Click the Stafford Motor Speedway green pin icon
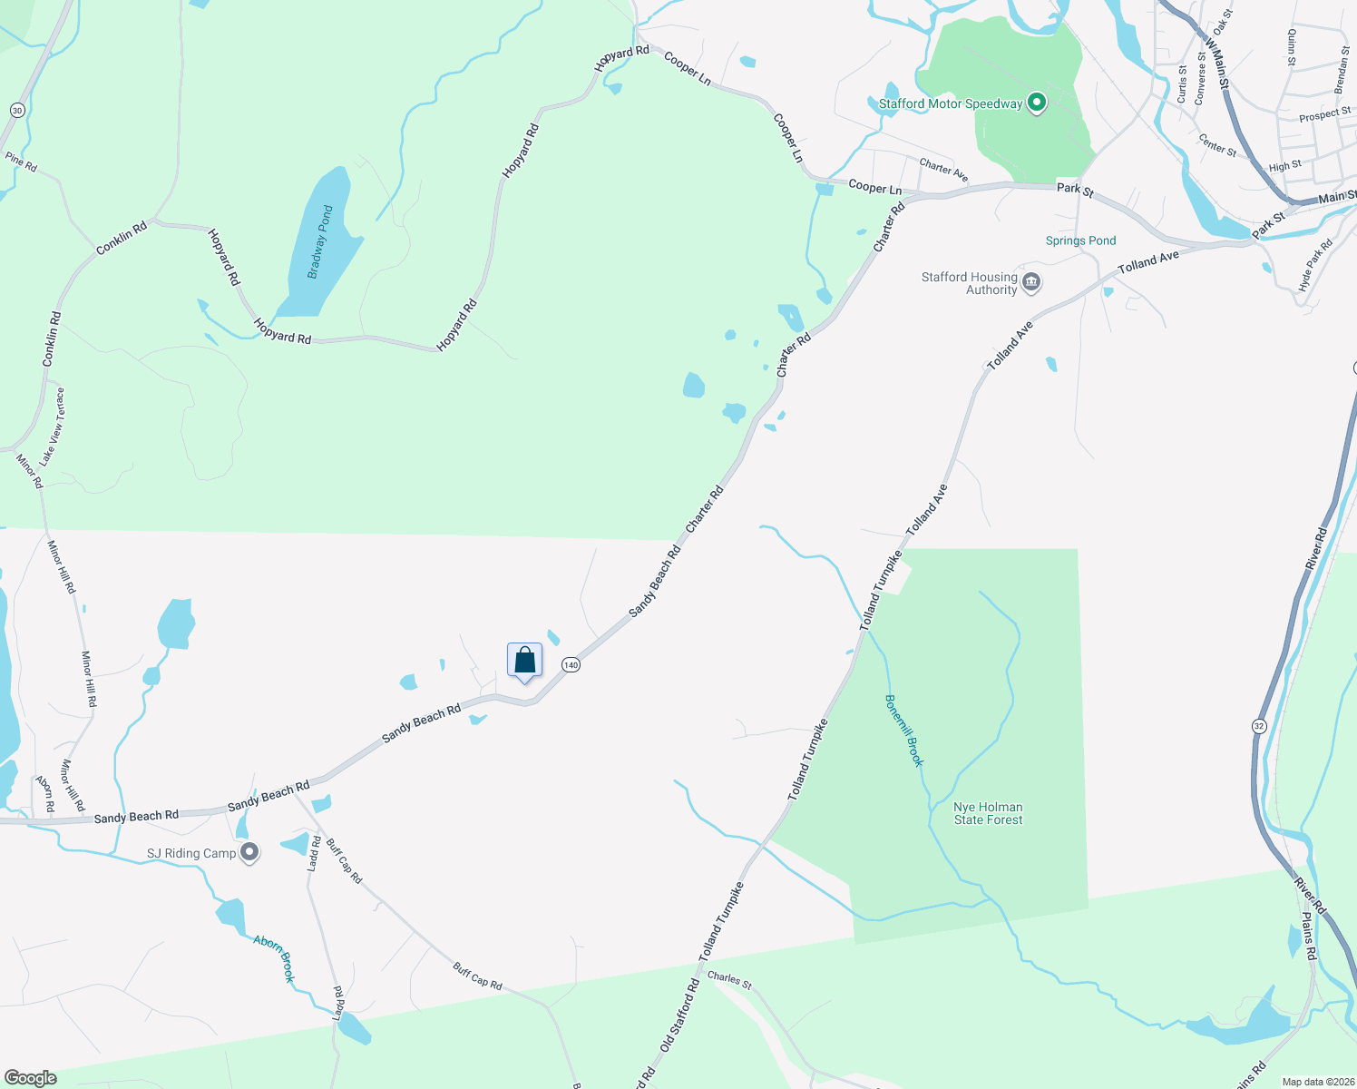1037,103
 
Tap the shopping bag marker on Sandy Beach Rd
524,661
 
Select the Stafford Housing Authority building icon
1030,282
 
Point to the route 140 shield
571,665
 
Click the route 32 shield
1259,726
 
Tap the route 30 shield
17,110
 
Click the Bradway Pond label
320,241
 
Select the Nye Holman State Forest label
988,813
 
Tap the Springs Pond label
1080,240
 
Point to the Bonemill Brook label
904,731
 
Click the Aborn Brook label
275,958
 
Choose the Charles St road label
729,980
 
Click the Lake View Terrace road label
53,427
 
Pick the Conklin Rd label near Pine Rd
122,238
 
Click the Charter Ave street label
943,170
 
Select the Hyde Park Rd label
1315,264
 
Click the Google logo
30,1078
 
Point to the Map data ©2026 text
1317,1082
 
